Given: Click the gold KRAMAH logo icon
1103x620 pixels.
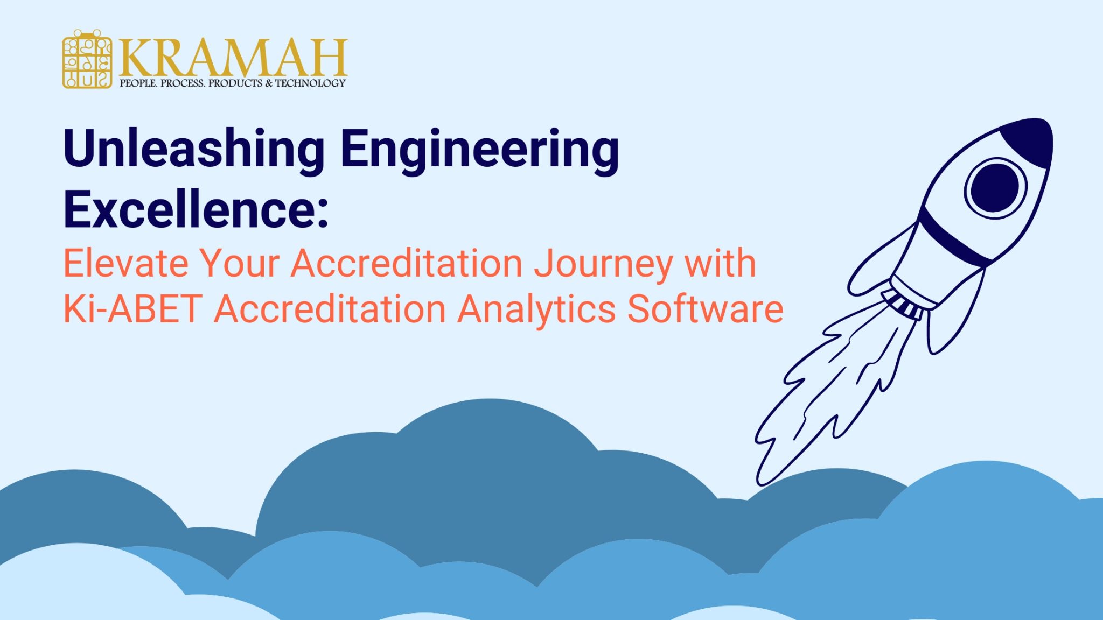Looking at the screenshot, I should (x=87, y=60).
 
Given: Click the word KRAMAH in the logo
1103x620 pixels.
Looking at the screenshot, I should (x=233, y=58).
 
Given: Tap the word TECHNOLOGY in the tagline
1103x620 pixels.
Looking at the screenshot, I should (x=311, y=83).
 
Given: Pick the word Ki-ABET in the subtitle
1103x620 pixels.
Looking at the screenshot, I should (x=132, y=309).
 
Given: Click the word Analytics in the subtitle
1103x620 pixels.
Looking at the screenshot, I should (x=536, y=310).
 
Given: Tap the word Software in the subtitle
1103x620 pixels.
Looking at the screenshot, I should (x=705, y=309).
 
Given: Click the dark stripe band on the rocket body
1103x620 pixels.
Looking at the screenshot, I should (x=953, y=237).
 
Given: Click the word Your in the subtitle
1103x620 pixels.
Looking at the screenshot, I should (x=240, y=263).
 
